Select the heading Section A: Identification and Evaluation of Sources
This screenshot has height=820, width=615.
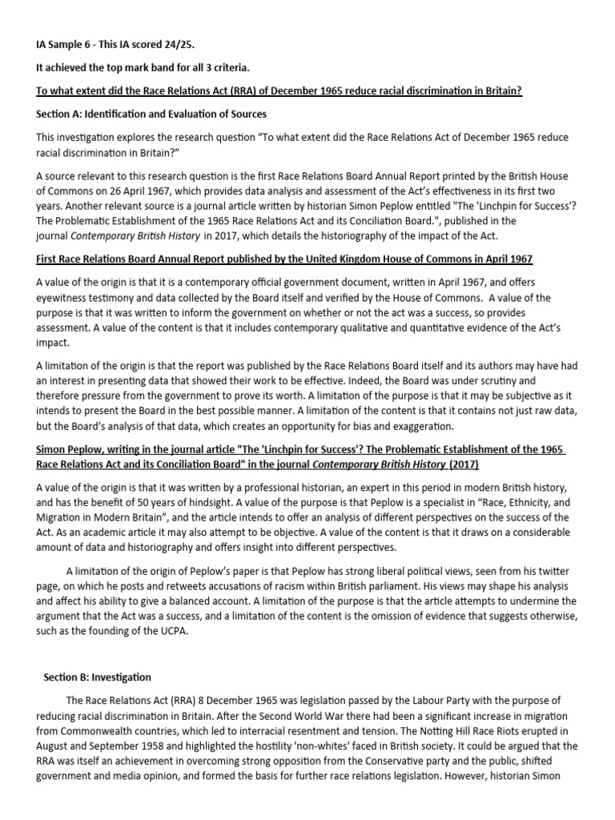pos(151,115)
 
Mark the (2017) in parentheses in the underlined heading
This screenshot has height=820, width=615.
pos(464,464)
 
